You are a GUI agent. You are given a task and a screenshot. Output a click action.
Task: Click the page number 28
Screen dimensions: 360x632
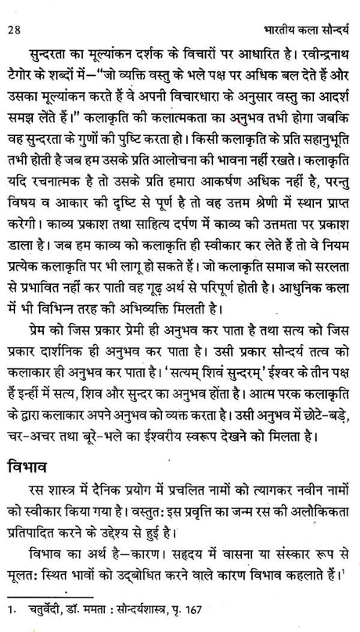13,11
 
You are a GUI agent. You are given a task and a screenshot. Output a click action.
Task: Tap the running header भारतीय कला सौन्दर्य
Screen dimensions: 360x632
300,10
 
